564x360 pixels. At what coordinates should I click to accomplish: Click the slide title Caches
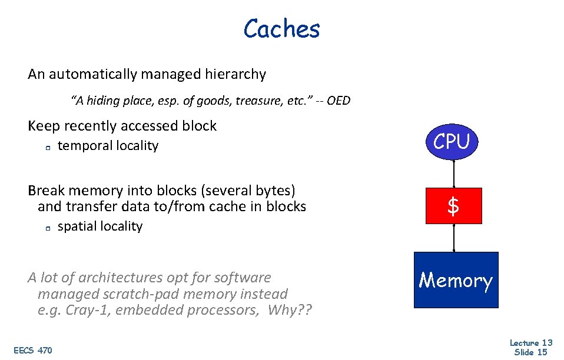(281, 29)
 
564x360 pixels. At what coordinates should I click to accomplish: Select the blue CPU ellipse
(452, 142)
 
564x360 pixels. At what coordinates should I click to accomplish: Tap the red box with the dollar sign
(453, 206)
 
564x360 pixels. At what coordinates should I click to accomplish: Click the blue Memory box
(456, 281)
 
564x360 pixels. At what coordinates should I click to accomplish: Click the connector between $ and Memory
(453, 238)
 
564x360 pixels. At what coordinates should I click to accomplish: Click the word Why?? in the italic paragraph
(289, 311)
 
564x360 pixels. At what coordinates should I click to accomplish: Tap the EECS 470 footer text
(33, 351)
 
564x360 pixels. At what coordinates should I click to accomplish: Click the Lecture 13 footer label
(530, 343)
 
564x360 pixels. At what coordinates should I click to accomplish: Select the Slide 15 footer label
(530, 352)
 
